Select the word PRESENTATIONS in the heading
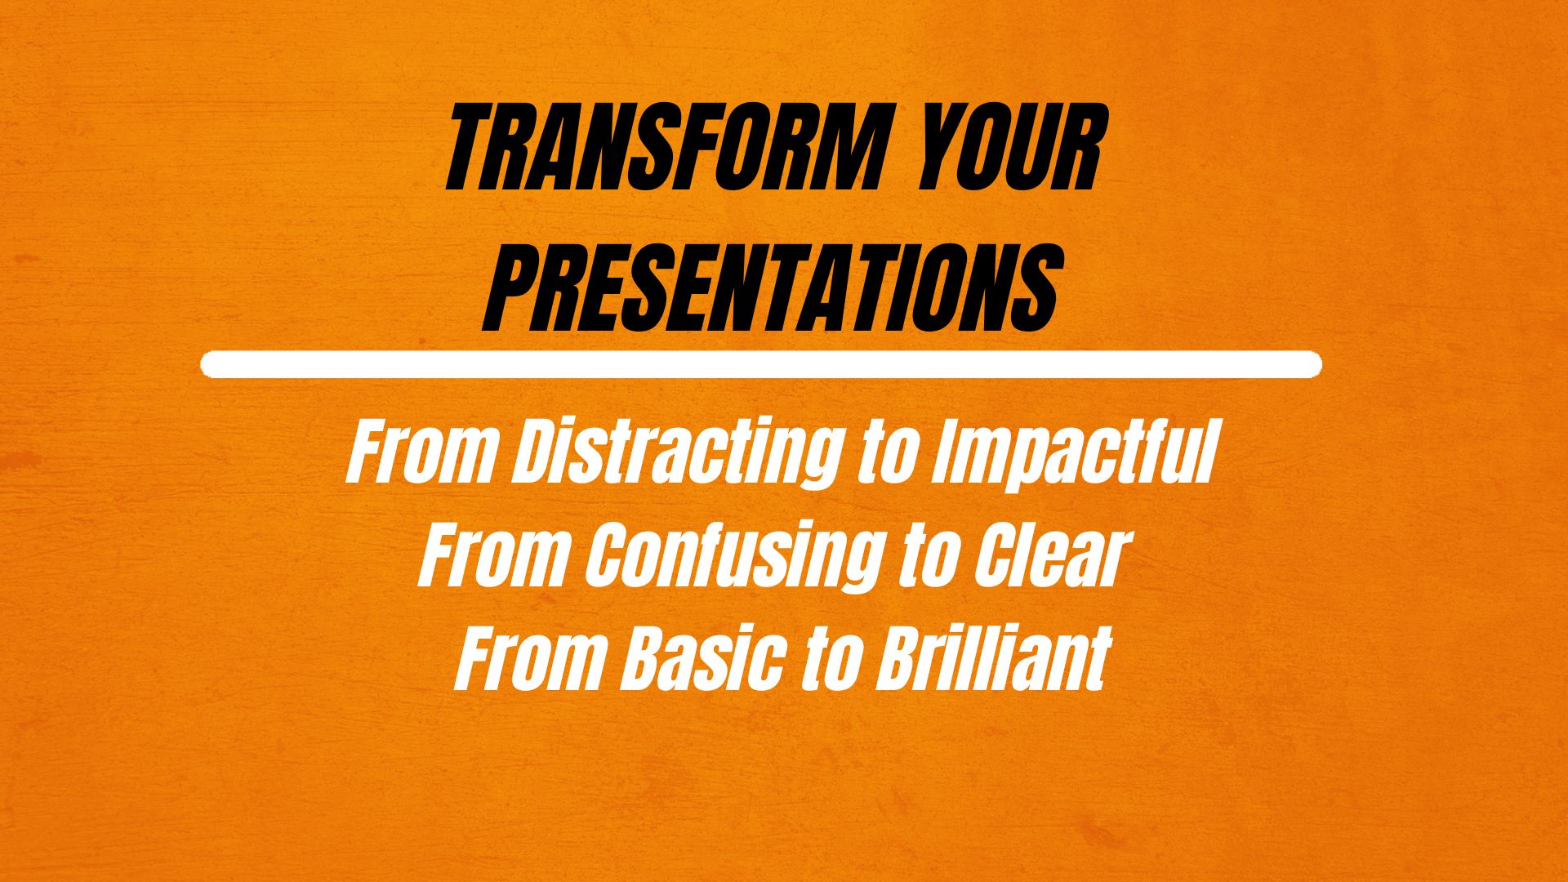(772, 291)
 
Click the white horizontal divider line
(761, 364)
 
